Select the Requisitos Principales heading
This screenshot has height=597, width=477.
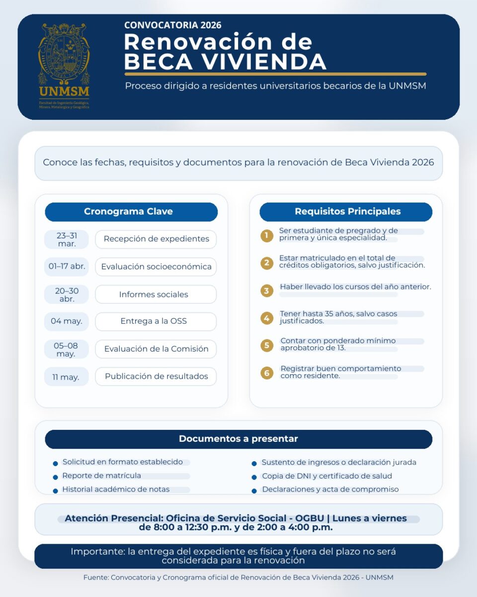(x=347, y=211)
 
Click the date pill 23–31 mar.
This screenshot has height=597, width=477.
(x=66, y=239)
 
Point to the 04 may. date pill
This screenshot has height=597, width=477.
(x=66, y=321)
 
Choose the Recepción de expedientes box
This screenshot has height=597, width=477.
(x=156, y=239)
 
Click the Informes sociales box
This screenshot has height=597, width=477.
(x=156, y=295)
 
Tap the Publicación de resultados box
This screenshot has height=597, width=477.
(x=156, y=377)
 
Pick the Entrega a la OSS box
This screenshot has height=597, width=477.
(x=156, y=321)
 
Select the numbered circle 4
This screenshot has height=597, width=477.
(x=267, y=318)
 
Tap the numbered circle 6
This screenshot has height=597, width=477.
(x=267, y=373)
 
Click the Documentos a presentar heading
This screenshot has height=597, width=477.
(x=238, y=439)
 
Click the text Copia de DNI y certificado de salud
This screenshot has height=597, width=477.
(x=327, y=476)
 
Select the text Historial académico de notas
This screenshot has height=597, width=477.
(x=116, y=490)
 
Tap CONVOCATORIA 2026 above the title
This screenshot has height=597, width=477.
(x=173, y=25)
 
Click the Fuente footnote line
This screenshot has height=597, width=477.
(x=238, y=578)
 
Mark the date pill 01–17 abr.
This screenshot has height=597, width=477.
(x=66, y=267)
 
